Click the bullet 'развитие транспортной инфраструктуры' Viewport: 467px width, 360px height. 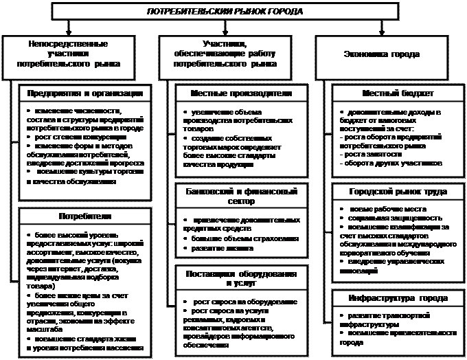pos(389,318)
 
